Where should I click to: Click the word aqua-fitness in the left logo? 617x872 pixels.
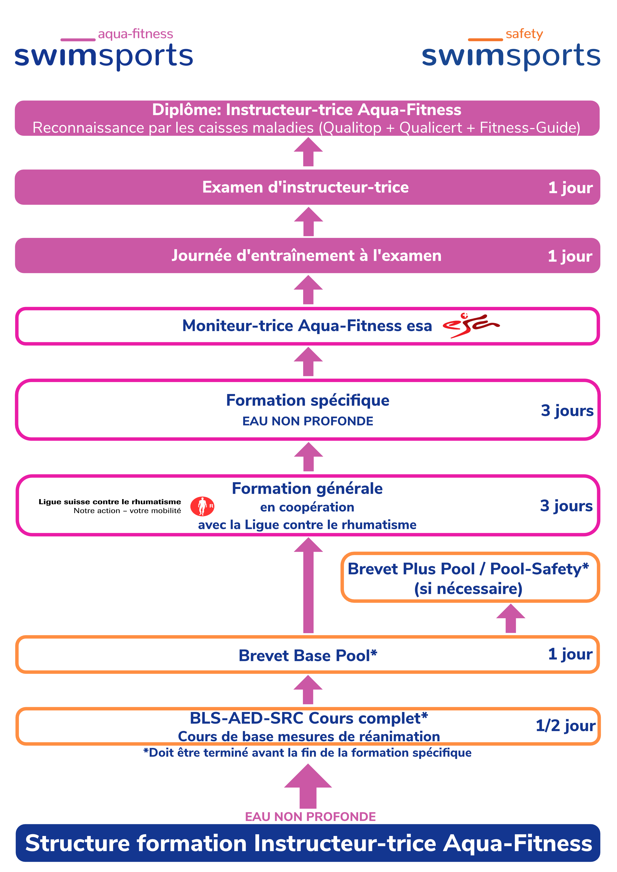(x=135, y=34)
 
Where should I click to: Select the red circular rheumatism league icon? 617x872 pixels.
(x=202, y=506)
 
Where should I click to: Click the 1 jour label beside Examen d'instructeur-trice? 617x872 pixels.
(x=570, y=188)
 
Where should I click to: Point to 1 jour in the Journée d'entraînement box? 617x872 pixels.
(x=570, y=256)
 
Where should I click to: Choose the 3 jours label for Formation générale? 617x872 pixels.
(x=566, y=506)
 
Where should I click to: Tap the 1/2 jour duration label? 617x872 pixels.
(x=565, y=726)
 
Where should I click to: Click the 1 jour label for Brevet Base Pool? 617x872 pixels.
(x=570, y=654)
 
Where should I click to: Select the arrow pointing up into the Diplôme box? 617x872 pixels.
(x=308, y=152)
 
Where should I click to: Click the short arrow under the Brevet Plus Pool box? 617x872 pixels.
(x=511, y=618)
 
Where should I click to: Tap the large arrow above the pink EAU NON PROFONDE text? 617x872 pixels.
(x=308, y=786)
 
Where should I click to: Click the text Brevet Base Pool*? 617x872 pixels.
(x=308, y=655)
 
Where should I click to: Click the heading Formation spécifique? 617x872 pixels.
(x=307, y=400)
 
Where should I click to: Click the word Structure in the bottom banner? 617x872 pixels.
(x=78, y=843)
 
